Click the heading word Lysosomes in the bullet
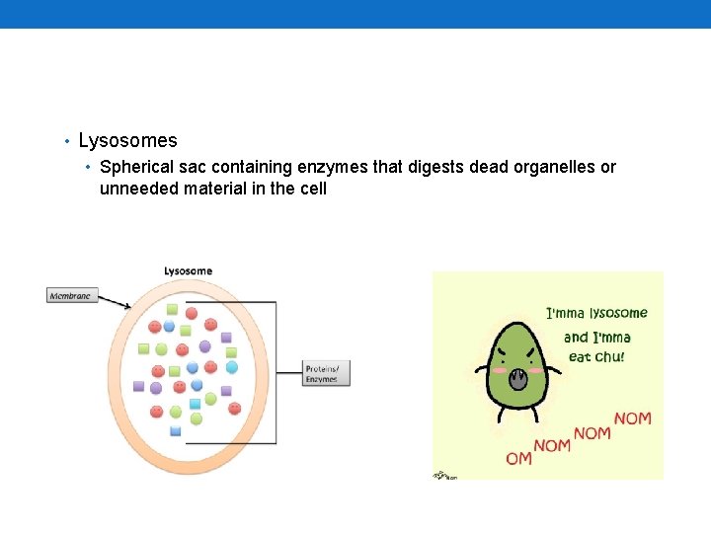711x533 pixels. (127, 141)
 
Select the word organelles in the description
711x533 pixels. (556, 167)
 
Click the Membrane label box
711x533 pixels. (72, 295)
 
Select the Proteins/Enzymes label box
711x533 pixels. (327, 373)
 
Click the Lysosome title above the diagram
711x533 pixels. (188, 271)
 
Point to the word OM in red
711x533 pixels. (518, 458)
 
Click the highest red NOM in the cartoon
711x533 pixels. (632, 419)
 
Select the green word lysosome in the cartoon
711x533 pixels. (618, 314)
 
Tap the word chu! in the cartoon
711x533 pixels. (608, 356)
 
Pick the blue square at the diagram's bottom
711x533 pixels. (176, 431)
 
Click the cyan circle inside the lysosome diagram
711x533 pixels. (232, 367)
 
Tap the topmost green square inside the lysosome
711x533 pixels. (173, 309)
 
